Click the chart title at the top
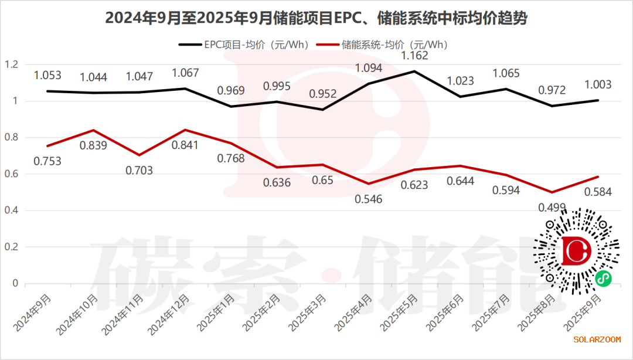click(316, 18)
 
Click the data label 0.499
click(552, 206)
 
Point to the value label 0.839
click(93, 145)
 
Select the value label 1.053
click(47, 75)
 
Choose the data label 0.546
click(368, 199)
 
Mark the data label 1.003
click(597, 84)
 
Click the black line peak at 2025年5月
click(414, 72)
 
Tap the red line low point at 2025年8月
click(552, 192)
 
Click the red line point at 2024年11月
click(139, 155)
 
